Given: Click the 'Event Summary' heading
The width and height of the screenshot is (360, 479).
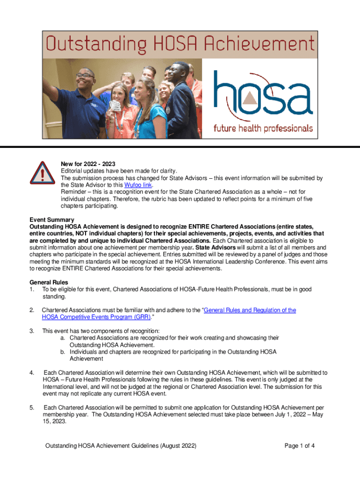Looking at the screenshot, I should pos(52,220).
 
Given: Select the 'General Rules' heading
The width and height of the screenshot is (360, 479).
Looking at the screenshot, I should pos(49,283).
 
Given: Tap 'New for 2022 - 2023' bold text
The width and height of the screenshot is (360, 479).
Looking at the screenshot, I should pos(88,164).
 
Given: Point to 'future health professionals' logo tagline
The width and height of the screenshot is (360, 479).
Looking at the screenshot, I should pos(263,128).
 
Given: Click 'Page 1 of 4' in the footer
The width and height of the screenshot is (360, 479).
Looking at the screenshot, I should pos(299,446).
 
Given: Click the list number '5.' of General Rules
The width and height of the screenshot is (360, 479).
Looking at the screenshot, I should pos(32,407).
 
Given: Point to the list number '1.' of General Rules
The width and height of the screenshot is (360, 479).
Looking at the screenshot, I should pos(32,290).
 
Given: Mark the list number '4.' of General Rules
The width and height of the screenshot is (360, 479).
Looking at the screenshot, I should pos(32,372).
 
